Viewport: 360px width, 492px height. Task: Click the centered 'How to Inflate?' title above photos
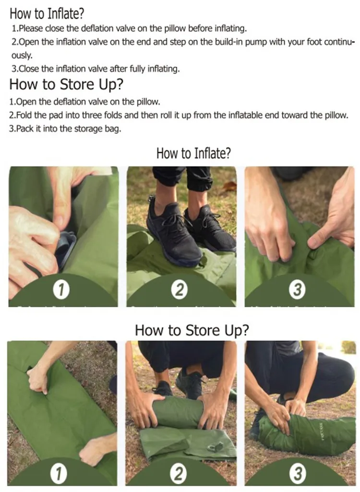[x=194, y=154]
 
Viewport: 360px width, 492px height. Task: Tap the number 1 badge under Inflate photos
[x=61, y=289]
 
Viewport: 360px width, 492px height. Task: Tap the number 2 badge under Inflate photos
[x=180, y=289]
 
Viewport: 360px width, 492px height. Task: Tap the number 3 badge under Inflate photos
[x=297, y=289]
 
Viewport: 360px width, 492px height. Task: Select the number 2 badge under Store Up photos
[x=179, y=474]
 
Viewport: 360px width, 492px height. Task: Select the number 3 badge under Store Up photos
[x=299, y=474]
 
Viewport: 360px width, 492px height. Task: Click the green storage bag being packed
[x=307, y=434]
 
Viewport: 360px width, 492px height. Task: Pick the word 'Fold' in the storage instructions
[x=25, y=116]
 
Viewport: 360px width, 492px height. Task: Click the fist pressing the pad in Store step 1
[x=37, y=379]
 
